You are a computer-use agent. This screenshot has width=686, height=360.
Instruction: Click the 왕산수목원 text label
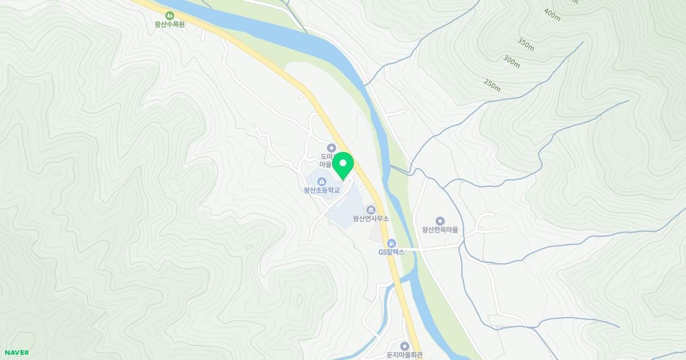[169, 25]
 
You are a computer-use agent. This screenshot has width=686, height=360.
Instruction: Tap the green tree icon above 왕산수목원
[169, 15]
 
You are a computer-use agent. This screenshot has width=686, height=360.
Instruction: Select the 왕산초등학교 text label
[322, 190]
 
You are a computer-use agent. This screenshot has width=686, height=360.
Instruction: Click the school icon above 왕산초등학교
[322, 181]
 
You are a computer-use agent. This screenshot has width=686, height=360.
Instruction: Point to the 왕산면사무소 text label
[371, 219]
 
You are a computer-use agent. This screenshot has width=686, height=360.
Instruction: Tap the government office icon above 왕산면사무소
[371, 209]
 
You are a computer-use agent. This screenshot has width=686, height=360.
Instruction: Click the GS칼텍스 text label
[391, 252]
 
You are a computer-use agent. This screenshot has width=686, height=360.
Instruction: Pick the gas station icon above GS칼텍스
[391, 243]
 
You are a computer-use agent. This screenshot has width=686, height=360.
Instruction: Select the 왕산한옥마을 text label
[440, 230]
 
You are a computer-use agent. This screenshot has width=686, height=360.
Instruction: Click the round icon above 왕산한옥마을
[440, 221]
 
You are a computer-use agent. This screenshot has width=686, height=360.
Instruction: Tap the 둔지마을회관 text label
[404, 355]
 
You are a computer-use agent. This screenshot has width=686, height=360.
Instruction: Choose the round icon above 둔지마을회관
[404, 346]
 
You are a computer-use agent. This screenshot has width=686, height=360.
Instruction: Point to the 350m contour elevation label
[526, 43]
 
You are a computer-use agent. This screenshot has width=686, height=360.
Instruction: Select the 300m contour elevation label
[512, 62]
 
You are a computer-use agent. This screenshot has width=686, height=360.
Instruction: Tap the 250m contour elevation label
[492, 85]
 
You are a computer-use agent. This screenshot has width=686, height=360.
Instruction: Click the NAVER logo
[17, 353]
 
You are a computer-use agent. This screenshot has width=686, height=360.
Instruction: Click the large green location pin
[343, 165]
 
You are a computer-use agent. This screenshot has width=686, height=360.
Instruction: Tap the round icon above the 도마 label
[331, 148]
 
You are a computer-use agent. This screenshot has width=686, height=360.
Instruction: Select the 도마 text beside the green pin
[326, 157]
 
